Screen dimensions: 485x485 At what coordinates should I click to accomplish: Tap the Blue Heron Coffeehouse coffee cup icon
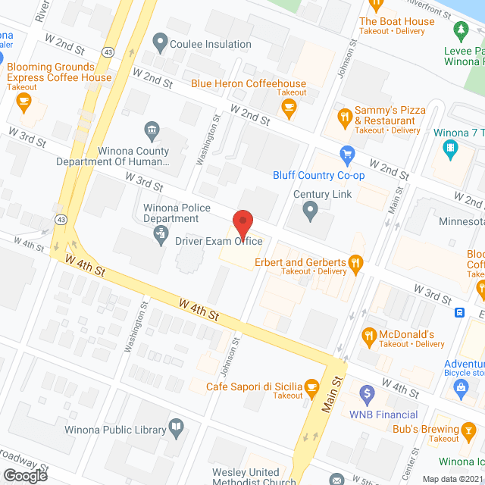pyautogui.click(x=288, y=107)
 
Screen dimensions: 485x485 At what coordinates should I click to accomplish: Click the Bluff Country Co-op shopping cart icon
pyautogui.click(x=348, y=155)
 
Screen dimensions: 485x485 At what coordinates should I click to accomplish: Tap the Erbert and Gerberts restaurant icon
pyautogui.click(x=355, y=263)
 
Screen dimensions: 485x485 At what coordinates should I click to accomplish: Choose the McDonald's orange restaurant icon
pyautogui.click(x=368, y=335)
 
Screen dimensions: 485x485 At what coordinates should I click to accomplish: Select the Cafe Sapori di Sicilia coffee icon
pyautogui.click(x=311, y=386)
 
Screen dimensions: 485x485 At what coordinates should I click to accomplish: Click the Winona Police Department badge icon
pyautogui.click(x=161, y=238)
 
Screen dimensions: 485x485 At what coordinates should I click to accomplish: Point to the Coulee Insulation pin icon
pyautogui.click(x=160, y=41)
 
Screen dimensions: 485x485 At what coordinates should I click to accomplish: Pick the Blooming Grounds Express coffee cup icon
pyautogui.click(x=24, y=99)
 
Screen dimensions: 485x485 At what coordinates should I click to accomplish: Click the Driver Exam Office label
pyautogui.click(x=218, y=242)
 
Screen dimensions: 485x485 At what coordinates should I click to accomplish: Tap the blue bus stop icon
pyautogui.click(x=459, y=312)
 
